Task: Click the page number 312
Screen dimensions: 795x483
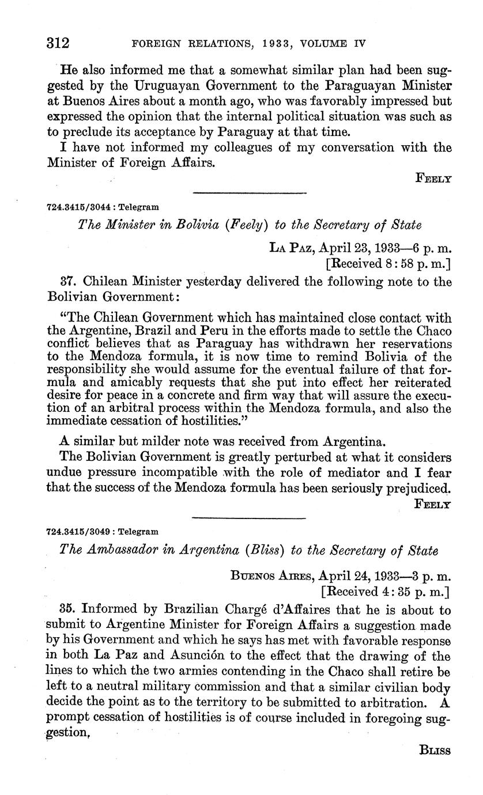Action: tap(58, 43)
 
